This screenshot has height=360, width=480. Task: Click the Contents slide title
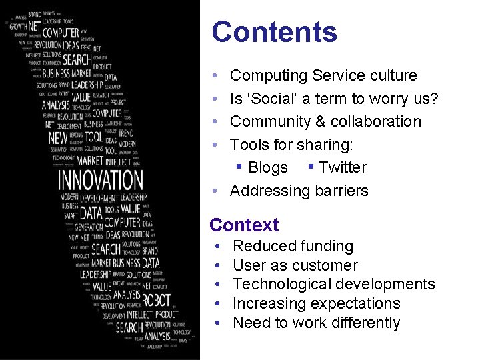(x=274, y=32)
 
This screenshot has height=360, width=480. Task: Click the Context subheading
(x=244, y=225)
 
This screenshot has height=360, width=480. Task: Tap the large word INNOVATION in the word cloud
(x=100, y=180)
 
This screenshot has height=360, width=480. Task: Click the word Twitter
(x=343, y=168)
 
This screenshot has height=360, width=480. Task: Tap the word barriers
(x=336, y=191)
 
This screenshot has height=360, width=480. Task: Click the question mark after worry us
(x=433, y=99)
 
